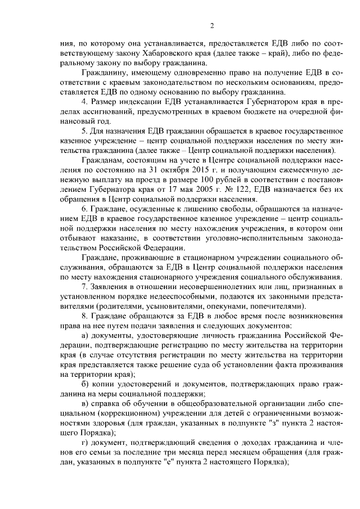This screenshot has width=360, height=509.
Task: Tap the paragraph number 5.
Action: point(84,131)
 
